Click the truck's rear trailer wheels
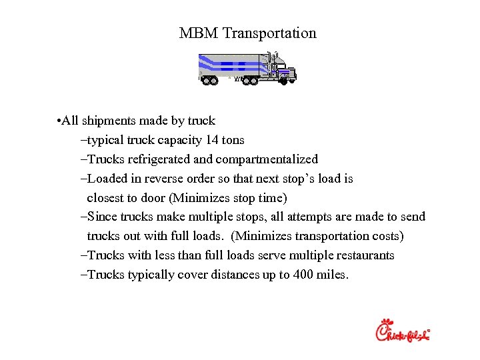pos(209,81)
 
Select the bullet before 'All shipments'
pos(59,121)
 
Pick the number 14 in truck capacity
pos(213,140)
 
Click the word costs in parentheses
pos(385,236)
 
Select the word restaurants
pos(363,255)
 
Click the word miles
pos(332,275)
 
